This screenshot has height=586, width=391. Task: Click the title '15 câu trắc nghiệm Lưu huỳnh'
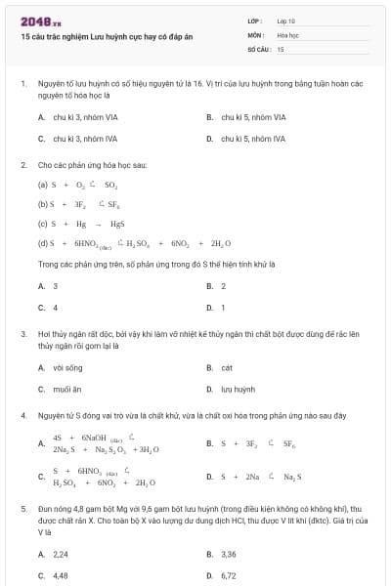(88, 34)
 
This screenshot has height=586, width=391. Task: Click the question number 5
(22, 509)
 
